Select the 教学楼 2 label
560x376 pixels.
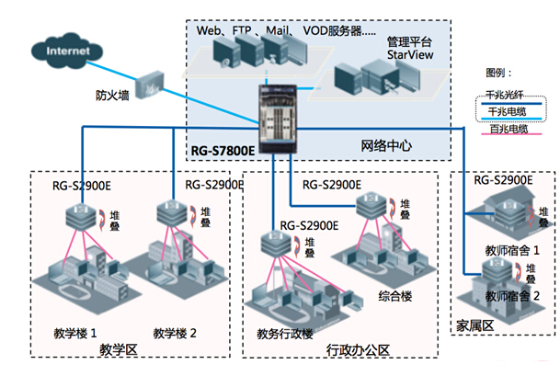(177, 332)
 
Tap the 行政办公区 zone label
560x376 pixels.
(359, 349)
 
